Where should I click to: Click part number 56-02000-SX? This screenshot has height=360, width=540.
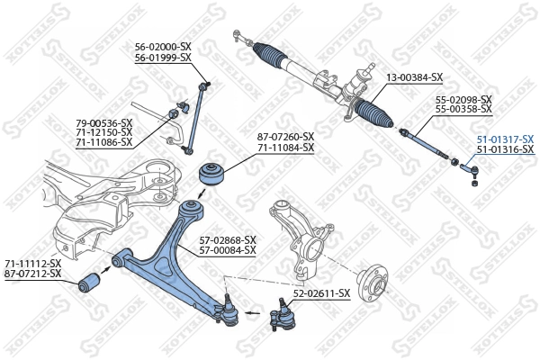pyautogui.click(x=163, y=47)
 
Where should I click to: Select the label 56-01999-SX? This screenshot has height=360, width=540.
pyautogui.click(x=163, y=57)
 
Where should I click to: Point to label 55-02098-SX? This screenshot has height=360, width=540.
pyautogui.click(x=463, y=99)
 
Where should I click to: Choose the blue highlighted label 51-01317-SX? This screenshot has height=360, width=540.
pyautogui.click(x=504, y=139)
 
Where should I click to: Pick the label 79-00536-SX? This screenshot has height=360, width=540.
pyautogui.click(x=103, y=122)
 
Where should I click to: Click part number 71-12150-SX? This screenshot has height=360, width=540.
pyautogui.click(x=103, y=132)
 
